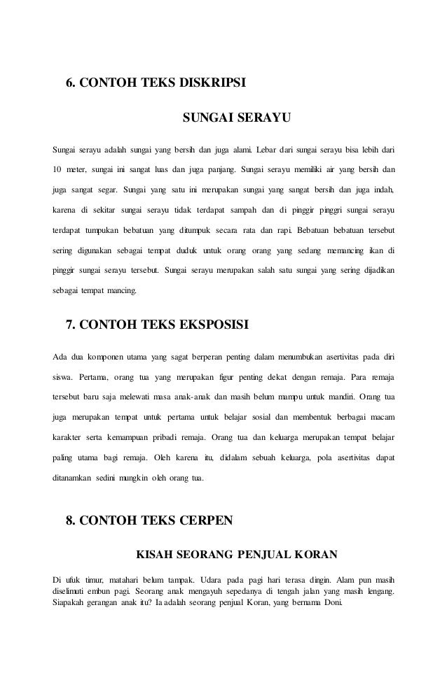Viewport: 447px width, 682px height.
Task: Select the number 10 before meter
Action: click(x=59, y=169)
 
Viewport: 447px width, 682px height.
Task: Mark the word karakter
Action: click(x=70, y=438)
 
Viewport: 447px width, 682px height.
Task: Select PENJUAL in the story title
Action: click(x=264, y=555)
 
